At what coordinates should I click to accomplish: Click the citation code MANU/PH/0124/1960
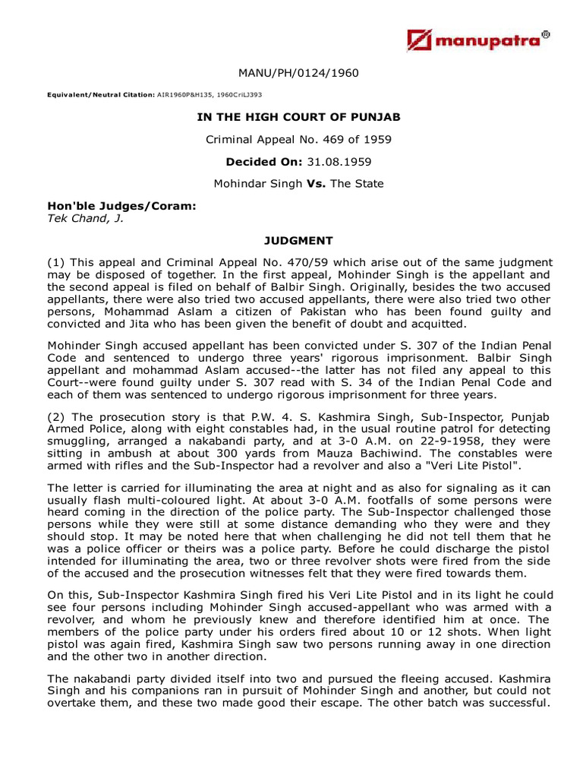tap(298, 73)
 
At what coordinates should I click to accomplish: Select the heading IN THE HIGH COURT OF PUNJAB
tap(298, 117)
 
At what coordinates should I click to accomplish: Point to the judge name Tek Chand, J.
tap(85, 218)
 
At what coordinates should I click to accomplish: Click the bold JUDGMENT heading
tap(298, 241)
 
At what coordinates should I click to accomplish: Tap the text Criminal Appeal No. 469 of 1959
tap(298, 139)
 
